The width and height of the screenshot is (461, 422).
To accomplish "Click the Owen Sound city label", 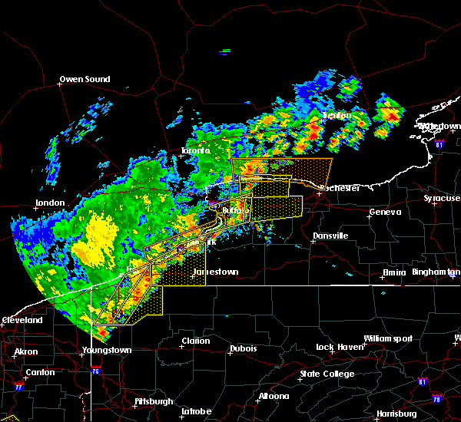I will tap(85, 79).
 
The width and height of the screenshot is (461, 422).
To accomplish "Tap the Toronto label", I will tap(196, 151).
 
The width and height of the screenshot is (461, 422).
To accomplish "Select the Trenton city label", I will tap(336, 116).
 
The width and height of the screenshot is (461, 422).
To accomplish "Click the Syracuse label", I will tap(441, 199).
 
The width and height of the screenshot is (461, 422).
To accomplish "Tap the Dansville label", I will tap(330, 236).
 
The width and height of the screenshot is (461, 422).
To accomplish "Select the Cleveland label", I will tap(22, 320).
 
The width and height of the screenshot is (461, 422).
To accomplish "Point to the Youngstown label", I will tap(107, 351).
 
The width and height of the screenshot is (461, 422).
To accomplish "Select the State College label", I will tap(327, 374).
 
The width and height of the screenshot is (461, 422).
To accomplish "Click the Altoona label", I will tap(274, 397).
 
